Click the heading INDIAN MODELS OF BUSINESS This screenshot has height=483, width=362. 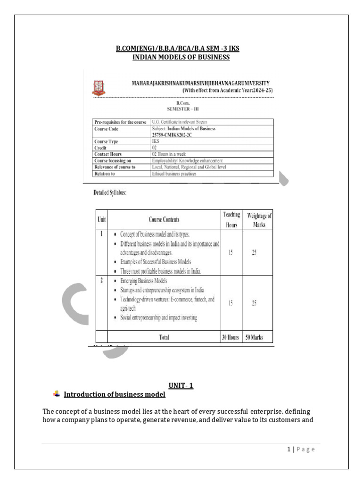pos(181,58)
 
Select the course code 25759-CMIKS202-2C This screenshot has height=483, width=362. pos(172,135)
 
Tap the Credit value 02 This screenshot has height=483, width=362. pos(155,148)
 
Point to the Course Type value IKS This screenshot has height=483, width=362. pos(155,142)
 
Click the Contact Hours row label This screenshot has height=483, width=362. pos(108,154)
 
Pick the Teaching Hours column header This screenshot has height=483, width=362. pos(231,220)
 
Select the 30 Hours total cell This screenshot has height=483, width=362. pos(231,337)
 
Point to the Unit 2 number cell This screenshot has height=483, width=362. pos(101,281)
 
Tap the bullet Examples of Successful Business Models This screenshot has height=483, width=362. pos(156,262)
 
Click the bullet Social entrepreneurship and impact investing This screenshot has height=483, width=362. pos(158,318)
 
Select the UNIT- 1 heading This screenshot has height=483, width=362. pos(181,386)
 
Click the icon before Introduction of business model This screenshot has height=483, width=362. pos(57,394)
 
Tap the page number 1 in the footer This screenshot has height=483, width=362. pos(288,450)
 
